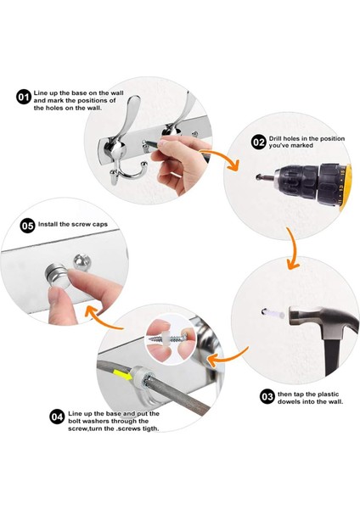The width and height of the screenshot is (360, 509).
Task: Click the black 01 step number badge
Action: pos(23,98)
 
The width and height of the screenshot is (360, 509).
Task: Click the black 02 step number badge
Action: pos(259,143)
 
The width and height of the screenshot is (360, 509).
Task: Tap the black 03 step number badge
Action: pos(267,397)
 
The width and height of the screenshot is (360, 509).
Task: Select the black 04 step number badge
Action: pos(57,417)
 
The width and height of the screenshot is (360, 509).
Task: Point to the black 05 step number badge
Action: pos(28,226)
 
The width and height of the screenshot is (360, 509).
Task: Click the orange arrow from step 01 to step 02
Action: pos(224,157)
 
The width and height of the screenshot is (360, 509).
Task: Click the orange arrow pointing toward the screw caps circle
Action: pos(103,322)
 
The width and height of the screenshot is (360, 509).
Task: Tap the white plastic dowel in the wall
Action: pos(273,313)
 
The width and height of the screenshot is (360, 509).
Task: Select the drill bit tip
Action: pos(259,177)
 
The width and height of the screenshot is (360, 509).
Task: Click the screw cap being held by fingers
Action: pos(59,275)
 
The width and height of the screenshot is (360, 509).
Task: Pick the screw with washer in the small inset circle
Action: pos(168,339)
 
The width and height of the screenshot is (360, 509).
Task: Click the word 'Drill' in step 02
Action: pos(275,138)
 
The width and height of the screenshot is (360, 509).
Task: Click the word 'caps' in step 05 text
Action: pos(100,225)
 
